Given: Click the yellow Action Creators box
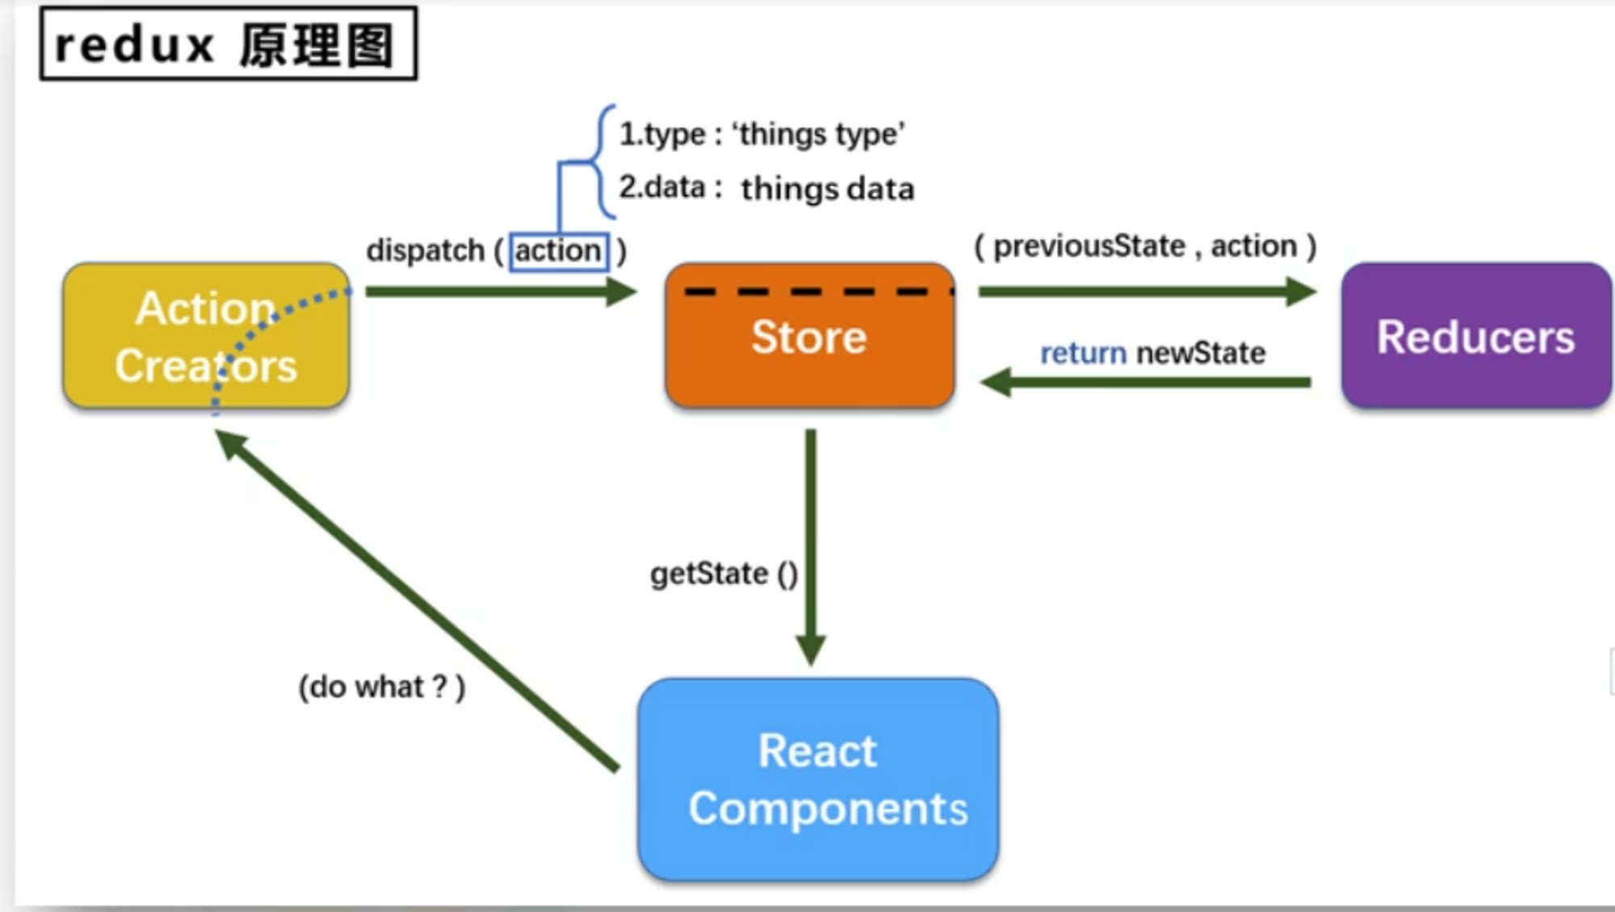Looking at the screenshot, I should point(206,336).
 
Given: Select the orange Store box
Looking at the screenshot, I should point(809,347).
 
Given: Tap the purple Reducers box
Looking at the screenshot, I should point(1475,336).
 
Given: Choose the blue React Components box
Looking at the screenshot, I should point(817,780).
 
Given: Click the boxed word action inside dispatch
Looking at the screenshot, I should point(558,251).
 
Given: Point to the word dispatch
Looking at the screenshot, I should point(425,251).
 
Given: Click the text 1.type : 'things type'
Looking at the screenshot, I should point(761,134).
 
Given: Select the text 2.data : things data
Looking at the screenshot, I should point(766,188).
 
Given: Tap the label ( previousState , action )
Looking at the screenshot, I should point(1145,246).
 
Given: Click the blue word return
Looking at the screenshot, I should point(1083,354).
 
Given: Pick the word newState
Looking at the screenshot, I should point(1201,354).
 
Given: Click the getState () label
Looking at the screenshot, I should point(724,574).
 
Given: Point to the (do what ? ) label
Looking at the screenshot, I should point(382,688).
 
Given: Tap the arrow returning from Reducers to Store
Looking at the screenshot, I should point(1147,382).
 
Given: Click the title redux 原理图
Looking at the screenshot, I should point(228,44).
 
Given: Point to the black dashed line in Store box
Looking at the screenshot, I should point(817,292).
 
